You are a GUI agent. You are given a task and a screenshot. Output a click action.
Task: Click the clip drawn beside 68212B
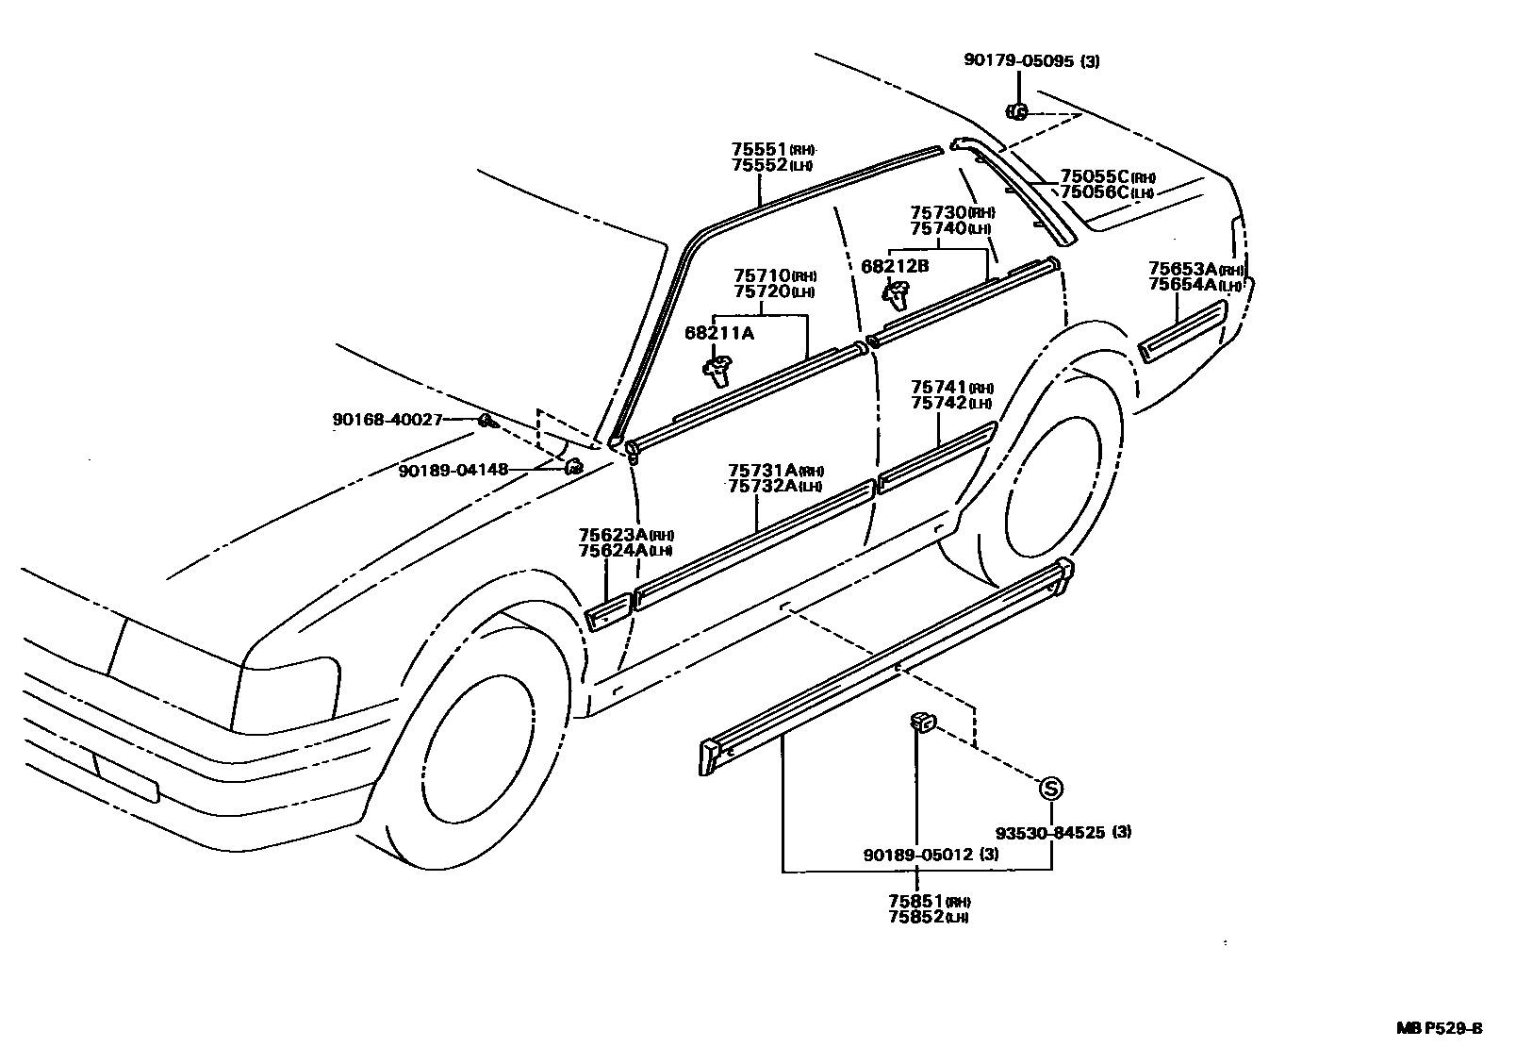point(895,294)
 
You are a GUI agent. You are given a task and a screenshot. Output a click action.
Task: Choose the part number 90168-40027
point(387,419)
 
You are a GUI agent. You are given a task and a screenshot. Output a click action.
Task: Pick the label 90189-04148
point(453,469)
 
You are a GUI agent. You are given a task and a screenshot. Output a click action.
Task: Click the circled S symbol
point(1051,789)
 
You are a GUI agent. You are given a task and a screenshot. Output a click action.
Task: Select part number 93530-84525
point(1051,833)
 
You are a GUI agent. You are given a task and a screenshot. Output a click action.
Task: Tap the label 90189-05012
point(918,855)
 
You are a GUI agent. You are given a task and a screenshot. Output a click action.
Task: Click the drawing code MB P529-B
point(1439,1027)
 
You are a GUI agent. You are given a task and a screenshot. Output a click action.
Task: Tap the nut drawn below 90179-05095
point(1017,111)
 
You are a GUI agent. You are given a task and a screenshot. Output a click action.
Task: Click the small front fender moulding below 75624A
point(608,613)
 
